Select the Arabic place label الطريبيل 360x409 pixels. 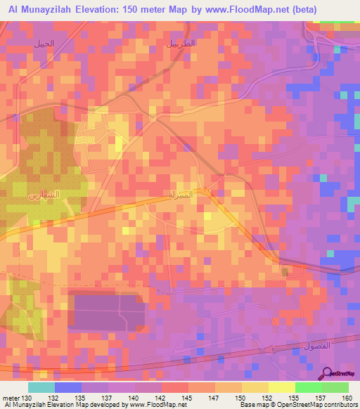[x=181, y=44]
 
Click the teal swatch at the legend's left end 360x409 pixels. [x=41, y=387]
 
